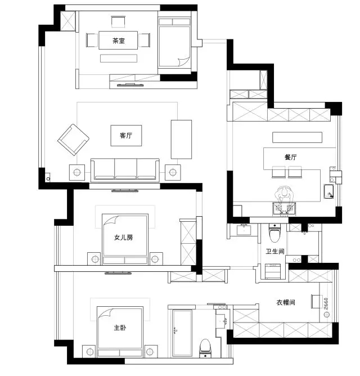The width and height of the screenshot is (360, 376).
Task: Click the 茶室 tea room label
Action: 119,41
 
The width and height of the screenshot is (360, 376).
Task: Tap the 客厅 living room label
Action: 126,136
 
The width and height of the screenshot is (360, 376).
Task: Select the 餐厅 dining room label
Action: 290,157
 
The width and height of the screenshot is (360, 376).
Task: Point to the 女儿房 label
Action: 123,238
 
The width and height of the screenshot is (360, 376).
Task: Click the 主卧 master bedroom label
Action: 120,328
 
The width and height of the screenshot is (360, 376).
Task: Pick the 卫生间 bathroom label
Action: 275,251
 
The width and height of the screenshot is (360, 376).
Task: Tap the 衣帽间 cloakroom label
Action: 286,302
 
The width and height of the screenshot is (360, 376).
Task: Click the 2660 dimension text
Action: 326,303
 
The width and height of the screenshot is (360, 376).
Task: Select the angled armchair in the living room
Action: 73,140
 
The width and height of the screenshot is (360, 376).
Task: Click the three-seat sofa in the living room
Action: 125,170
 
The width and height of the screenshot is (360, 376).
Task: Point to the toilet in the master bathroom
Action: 205,348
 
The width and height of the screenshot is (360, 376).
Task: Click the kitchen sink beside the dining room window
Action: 329,191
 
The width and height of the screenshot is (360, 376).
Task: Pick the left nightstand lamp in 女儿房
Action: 95,259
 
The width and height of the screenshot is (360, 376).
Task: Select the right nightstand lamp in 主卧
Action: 150,352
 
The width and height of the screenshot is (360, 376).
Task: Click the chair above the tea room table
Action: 118,22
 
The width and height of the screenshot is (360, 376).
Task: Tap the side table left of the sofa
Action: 77,172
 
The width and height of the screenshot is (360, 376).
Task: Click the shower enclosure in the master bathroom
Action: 182,333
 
